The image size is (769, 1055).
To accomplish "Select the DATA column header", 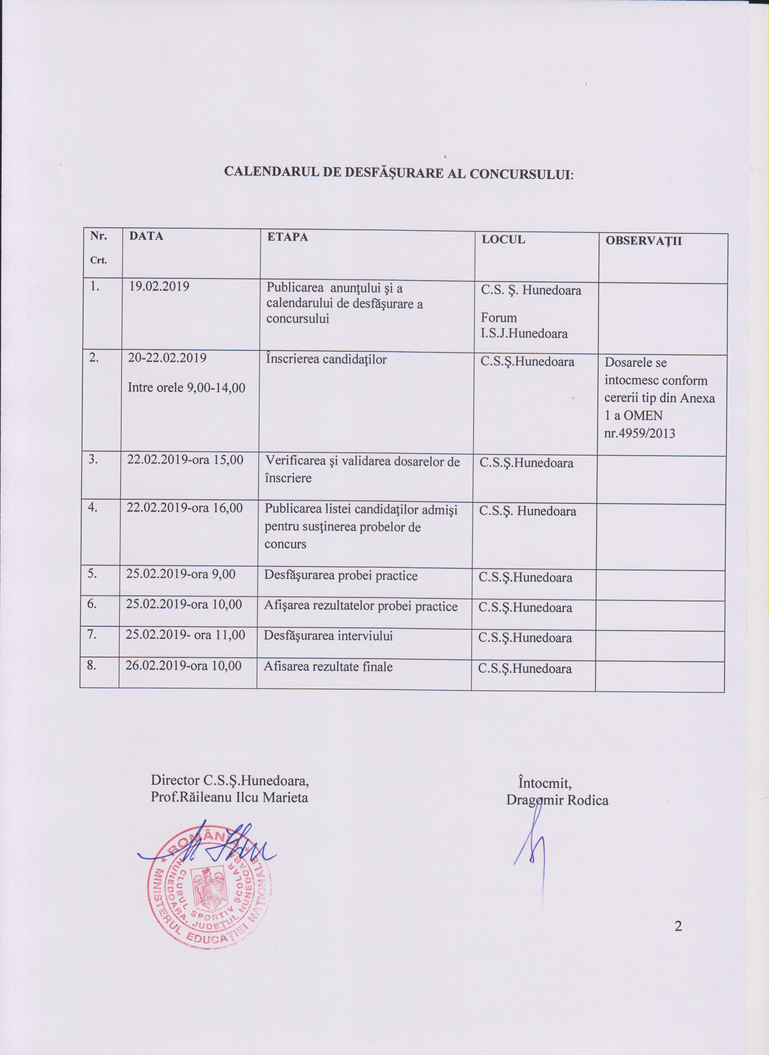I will click(x=146, y=236).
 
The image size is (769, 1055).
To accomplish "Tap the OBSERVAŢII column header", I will click(x=643, y=241).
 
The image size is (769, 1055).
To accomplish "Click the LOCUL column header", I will click(x=503, y=240).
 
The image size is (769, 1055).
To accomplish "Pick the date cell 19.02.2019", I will click(x=160, y=286).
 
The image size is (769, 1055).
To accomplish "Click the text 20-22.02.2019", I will click(x=167, y=358).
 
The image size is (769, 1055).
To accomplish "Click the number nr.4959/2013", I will click(x=639, y=434).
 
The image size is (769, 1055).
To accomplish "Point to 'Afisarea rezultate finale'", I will click(x=328, y=667).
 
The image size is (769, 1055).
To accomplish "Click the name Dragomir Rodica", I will click(x=557, y=800).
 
